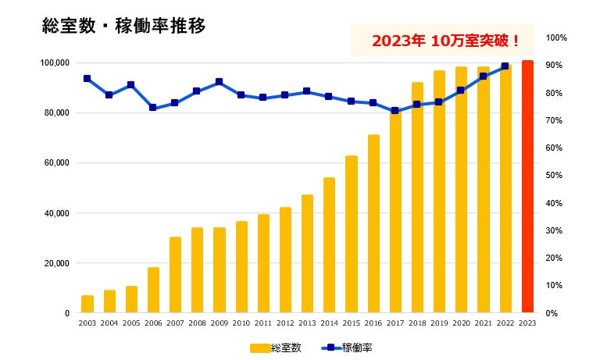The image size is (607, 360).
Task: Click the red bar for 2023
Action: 527,187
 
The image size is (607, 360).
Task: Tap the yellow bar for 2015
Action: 352,234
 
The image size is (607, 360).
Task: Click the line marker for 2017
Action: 395,110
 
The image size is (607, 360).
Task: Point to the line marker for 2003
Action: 87,78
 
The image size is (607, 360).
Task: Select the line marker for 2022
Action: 505,66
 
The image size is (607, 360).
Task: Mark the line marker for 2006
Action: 153,108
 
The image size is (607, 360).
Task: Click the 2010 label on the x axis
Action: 241,322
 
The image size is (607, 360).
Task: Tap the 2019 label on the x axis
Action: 439,322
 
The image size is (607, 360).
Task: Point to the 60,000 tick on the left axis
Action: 57,163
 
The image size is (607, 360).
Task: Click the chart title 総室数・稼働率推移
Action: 123,27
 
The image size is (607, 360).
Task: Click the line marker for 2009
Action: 220,82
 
